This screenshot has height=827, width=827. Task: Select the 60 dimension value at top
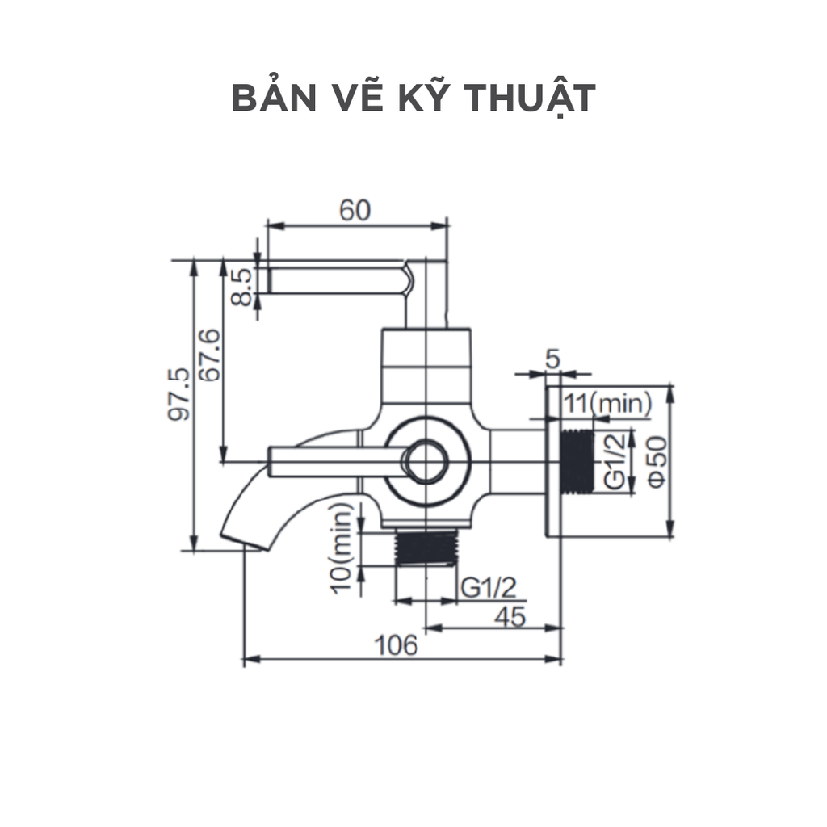(x=355, y=210)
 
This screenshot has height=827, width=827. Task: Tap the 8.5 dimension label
(x=241, y=287)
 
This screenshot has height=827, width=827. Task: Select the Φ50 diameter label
(x=656, y=461)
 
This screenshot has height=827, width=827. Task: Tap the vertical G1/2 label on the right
(x=615, y=461)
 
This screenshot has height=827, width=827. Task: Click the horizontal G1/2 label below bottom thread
(x=488, y=587)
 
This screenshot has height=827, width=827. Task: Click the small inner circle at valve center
(x=426, y=463)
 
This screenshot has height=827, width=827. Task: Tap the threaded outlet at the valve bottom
(x=427, y=548)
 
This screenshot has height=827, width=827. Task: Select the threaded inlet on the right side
(x=576, y=461)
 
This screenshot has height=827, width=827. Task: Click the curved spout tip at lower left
(x=242, y=539)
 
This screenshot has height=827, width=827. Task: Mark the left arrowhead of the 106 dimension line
(x=247, y=660)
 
